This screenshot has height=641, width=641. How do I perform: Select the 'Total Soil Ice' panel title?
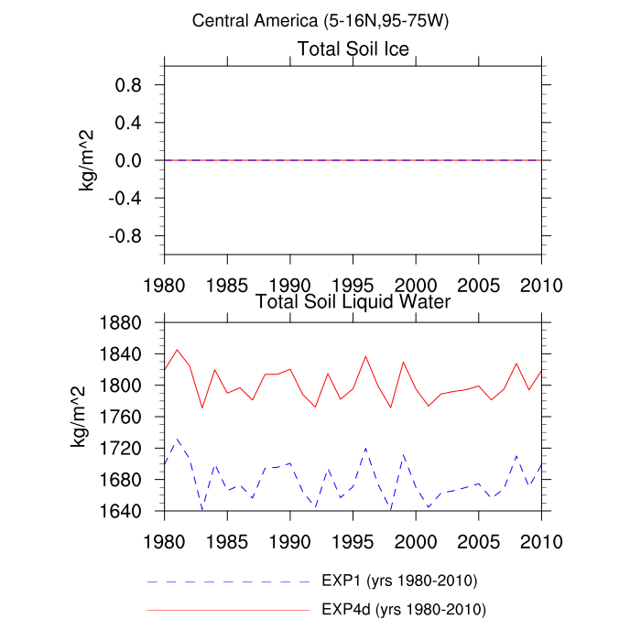(x=353, y=49)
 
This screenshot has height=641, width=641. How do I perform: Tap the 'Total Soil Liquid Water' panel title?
(x=353, y=300)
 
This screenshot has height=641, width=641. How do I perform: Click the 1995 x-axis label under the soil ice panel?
(x=353, y=283)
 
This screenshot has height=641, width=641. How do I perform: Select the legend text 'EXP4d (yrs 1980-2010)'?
(x=404, y=609)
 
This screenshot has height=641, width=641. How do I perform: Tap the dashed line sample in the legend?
(x=229, y=581)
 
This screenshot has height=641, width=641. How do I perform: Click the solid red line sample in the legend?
(x=229, y=609)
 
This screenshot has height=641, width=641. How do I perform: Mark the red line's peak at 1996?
(x=365, y=356)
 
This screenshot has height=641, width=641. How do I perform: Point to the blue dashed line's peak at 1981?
(x=177, y=439)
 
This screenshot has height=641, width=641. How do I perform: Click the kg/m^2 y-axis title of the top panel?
(x=89, y=160)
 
